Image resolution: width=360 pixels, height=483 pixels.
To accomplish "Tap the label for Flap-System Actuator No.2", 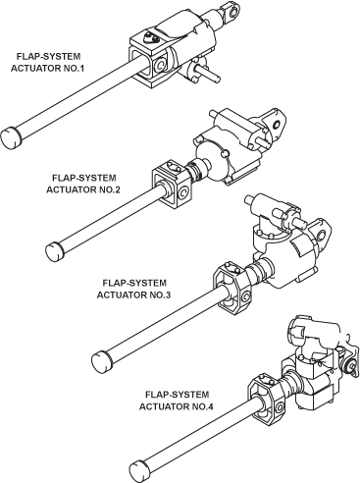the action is pyautogui.click(x=83, y=184).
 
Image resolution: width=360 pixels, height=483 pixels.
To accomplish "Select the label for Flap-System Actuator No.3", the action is pyautogui.click(x=134, y=289).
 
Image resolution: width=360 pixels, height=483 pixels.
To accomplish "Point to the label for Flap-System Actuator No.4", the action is pyautogui.click(x=177, y=401).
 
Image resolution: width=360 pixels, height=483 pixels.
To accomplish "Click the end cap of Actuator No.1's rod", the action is pyautogui.click(x=12, y=137).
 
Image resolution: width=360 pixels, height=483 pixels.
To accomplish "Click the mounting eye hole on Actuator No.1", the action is pyautogui.click(x=234, y=13).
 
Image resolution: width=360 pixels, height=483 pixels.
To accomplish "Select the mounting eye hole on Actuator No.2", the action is pyautogui.click(x=278, y=125).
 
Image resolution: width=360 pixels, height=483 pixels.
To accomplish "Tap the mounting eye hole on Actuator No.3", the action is pyautogui.click(x=322, y=235).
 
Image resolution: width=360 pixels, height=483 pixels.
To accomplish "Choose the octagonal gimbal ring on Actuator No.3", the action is pyautogui.click(x=232, y=288).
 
